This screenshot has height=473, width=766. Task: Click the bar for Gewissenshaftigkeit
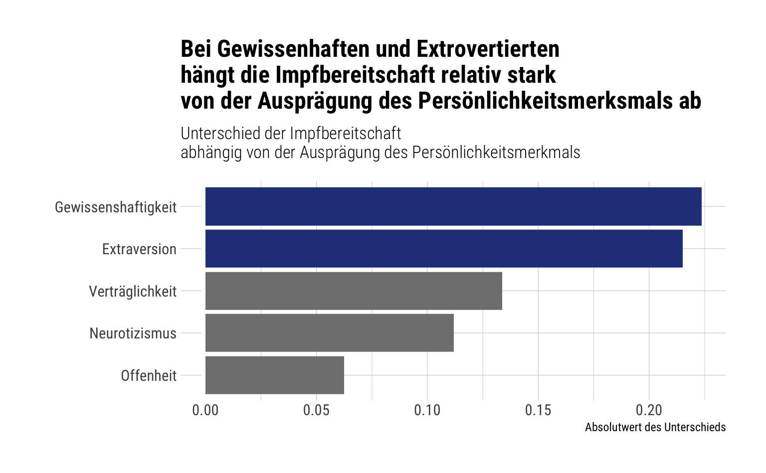[453, 206]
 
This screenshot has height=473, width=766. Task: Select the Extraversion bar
[444, 248]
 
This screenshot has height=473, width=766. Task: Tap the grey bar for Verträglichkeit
[354, 291]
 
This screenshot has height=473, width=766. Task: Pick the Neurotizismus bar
[330, 333]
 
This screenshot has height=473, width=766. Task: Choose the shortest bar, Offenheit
[275, 375]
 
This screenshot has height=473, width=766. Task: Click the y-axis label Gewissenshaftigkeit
[116, 207]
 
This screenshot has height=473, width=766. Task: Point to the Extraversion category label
[139, 249]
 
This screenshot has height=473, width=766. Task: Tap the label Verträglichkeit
[133, 292]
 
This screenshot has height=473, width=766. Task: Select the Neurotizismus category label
[133, 333]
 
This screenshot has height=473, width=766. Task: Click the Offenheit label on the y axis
[149, 376]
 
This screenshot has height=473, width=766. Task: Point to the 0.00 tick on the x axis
[205, 410]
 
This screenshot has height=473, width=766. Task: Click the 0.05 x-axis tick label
[316, 410]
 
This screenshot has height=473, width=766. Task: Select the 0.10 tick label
[427, 410]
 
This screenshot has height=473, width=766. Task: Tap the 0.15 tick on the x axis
[538, 410]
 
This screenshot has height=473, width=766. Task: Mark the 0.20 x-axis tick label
[649, 410]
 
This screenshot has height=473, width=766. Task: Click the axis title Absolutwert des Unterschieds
[655, 427]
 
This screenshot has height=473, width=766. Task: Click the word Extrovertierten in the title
[488, 49]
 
